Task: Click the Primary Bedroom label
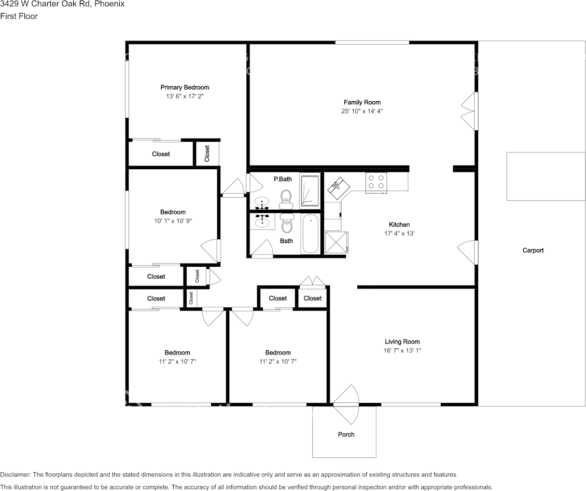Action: click(185, 87)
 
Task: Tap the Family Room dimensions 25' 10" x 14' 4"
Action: click(362, 111)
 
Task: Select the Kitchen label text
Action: click(399, 225)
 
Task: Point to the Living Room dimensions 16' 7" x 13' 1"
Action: click(402, 350)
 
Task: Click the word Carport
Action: click(533, 250)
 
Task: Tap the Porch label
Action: click(346, 434)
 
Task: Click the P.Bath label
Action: click(283, 179)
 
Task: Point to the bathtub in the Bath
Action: click(310, 234)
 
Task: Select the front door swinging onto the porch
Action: click(345, 403)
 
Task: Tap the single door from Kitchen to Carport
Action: click(467, 252)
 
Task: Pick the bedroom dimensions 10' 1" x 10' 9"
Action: click(173, 221)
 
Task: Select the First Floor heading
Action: click(19, 16)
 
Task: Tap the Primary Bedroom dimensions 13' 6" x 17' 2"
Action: click(185, 97)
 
